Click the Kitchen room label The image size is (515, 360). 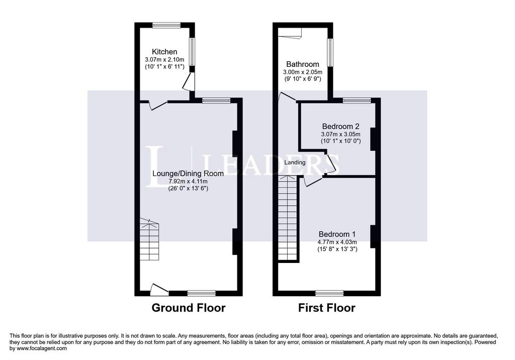click(x=164, y=52)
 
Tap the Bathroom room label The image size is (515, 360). click(x=302, y=64)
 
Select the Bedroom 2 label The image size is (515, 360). click(x=340, y=126)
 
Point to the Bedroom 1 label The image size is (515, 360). click(x=337, y=234)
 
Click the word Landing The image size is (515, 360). click(x=295, y=162)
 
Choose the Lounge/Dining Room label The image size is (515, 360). click(x=188, y=173)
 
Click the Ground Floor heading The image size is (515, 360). click(x=189, y=308)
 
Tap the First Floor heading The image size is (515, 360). click(x=327, y=308)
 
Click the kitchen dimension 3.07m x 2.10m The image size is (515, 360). click(x=164, y=60)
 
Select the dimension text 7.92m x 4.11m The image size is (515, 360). click(x=188, y=182)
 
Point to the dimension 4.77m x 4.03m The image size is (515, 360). click(x=337, y=242)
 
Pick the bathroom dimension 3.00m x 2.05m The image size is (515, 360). click(x=303, y=72)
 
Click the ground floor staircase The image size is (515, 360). click(x=149, y=239)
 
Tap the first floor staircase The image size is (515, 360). click(x=288, y=218)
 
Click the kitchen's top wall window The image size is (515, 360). click(x=166, y=25)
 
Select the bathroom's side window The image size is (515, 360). click(x=330, y=53)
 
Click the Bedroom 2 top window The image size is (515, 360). click(x=357, y=100)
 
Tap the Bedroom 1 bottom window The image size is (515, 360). click(x=329, y=293)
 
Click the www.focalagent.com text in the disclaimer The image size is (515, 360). click(x=41, y=348)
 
